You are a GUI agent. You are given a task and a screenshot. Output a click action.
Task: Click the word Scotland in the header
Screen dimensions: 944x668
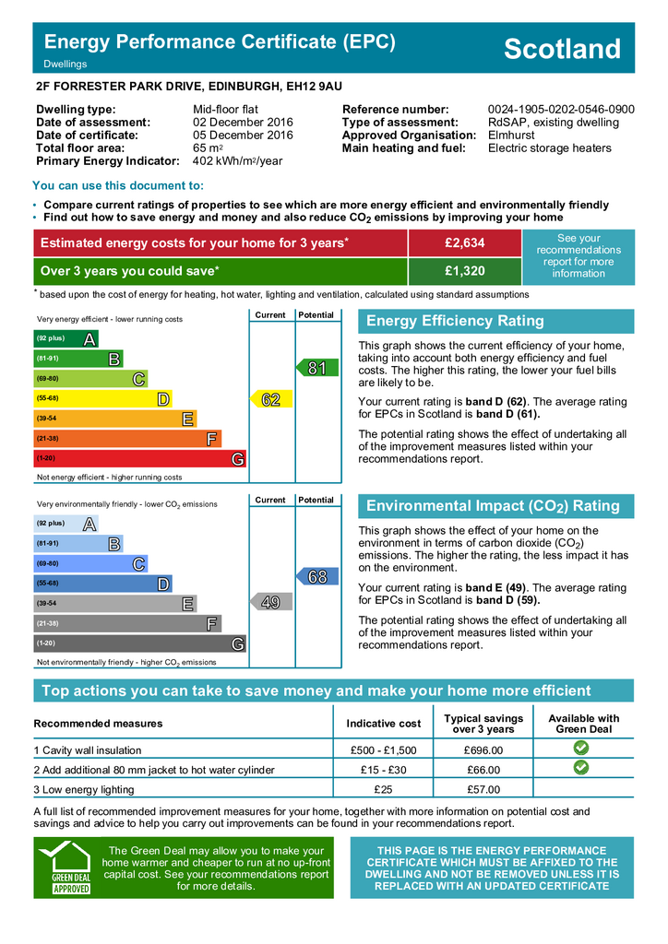pyautogui.click(x=562, y=49)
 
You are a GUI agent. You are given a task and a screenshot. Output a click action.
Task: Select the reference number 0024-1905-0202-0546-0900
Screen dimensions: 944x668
pyautogui.click(x=561, y=110)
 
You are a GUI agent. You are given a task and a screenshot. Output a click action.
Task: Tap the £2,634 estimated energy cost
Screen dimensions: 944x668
pyautogui.click(x=464, y=242)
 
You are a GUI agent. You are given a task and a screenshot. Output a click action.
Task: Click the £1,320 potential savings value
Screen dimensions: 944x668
pyautogui.click(x=464, y=271)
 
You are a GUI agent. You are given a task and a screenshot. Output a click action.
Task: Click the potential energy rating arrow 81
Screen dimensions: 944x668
pyautogui.click(x=316, y=368)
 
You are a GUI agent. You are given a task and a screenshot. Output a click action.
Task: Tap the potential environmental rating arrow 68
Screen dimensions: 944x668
pyautogui.click(x=316, y=577)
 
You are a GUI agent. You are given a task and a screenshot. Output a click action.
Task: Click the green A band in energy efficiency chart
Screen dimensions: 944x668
pyautogui.click(x=66, y=339)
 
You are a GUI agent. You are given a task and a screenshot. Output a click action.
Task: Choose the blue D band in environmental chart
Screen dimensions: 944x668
pyautogui.click(x=102, y=584)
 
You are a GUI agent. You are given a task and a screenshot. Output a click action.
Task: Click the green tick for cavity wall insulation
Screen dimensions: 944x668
pyautogui.click(x=580, y=749)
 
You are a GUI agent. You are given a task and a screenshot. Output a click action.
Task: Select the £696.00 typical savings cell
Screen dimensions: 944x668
pyautogui.click(x=483, y=750)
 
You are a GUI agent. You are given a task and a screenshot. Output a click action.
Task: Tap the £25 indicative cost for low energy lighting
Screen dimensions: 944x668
pyautogui.click(x=384, y=789)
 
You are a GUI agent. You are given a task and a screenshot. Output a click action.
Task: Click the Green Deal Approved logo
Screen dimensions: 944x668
pyautogui.click(x=70, y=867)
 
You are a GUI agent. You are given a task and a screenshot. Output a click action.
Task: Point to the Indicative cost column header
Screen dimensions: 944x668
pyautogui.click(x=384, y=724)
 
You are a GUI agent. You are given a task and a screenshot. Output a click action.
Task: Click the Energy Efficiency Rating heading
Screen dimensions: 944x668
pyautogui.click(x=455, y=321)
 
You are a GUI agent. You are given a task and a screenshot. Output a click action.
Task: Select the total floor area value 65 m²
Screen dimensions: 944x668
pyautogui.click(x=207, y=148)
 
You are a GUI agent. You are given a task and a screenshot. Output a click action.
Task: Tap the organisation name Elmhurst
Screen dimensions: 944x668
pyautogui.click(x=511, y=136)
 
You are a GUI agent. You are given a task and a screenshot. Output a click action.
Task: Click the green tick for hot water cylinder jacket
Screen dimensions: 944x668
pyautogui.click(x=580, y=768)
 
